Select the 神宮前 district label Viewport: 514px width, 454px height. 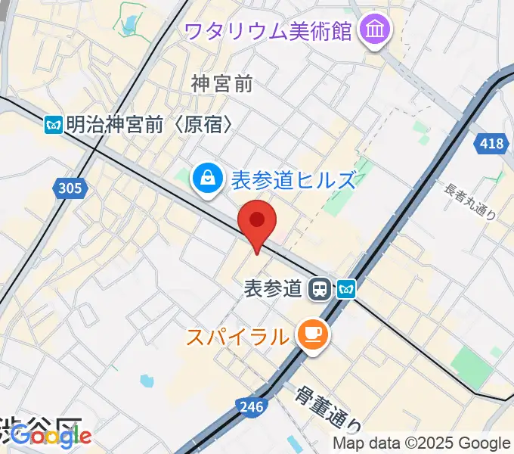pyautogui.click(x=221, y=83)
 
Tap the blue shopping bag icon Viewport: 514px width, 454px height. pyautogui.click(x=206, y=179)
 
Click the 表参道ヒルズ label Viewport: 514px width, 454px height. pyautogui.click(x=292, y=180)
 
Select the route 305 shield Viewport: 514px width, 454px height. pyautogui.click(x=67, y=188)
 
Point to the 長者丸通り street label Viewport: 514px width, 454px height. pyautogui.click(x=472, y=202)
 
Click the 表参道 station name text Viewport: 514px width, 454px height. pyautogui.click(x=274, y=288)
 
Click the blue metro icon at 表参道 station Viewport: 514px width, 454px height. pyautogui.click(x=346, y=288)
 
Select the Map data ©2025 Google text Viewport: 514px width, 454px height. pyautogui.click(x=422, y=443)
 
